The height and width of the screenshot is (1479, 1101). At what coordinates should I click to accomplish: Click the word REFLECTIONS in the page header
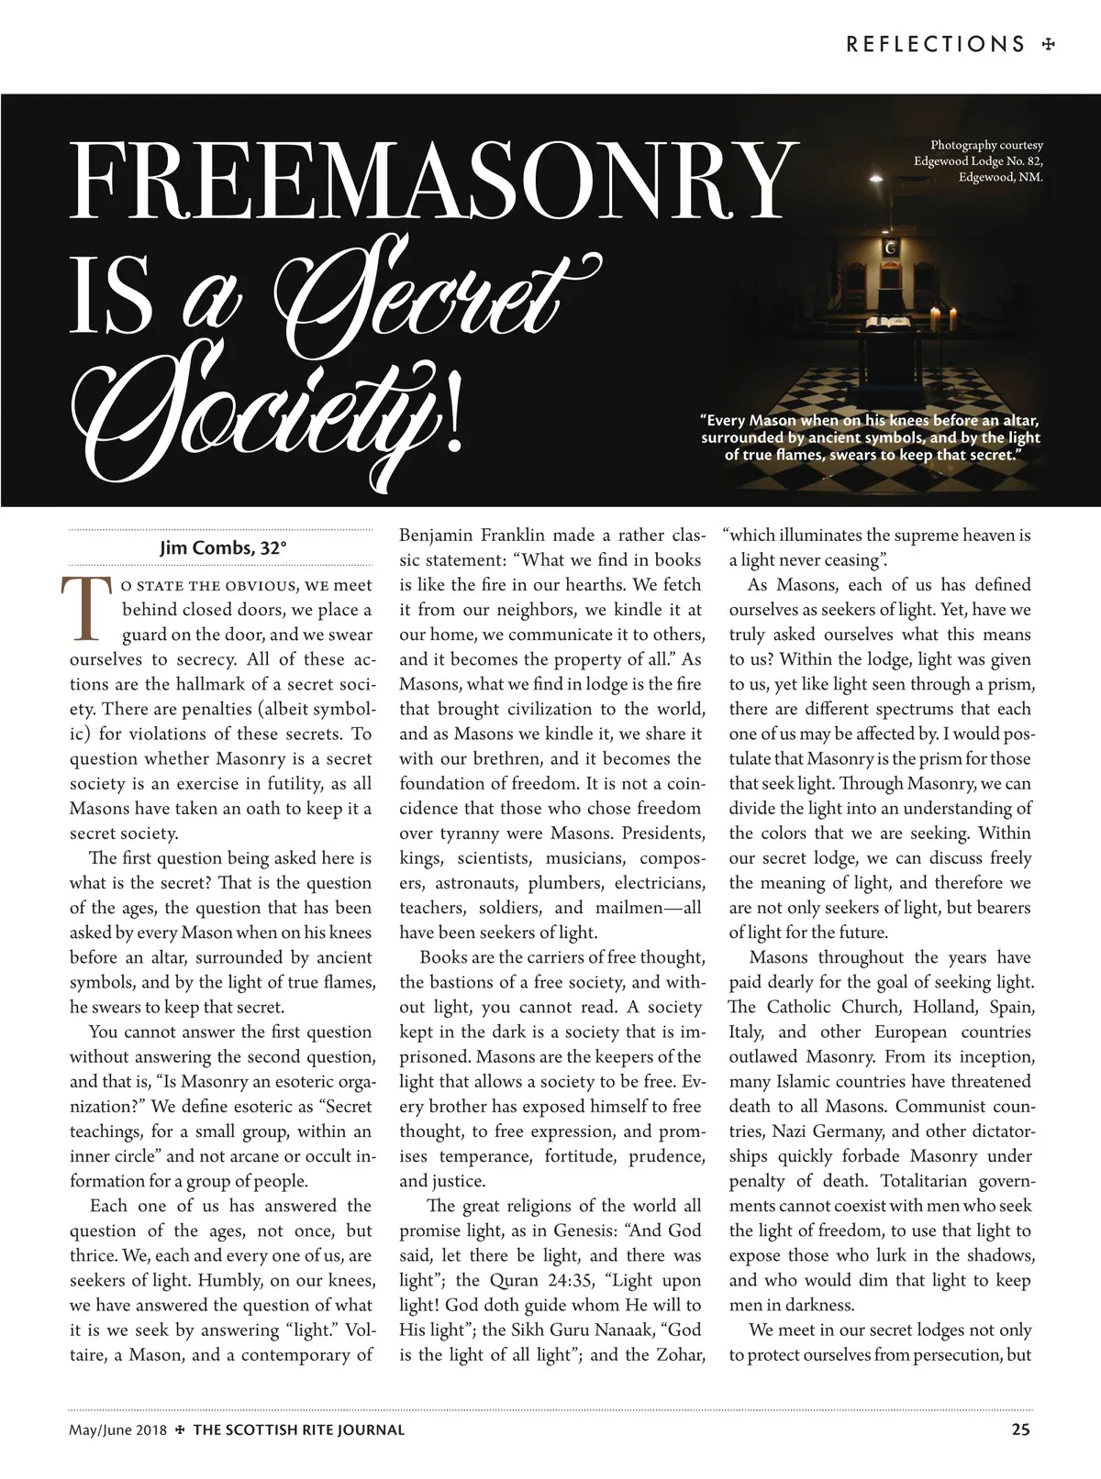pyautogui.click(x=935, y=44)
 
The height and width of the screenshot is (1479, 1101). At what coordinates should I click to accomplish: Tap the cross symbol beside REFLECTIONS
pyautogui.click(x=1048, y=44)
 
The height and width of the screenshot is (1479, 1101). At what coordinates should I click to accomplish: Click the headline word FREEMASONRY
pyautogui.click(x=429, y=181)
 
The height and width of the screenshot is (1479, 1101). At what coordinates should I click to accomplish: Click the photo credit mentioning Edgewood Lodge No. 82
pyautogui.click(x=978, y=161)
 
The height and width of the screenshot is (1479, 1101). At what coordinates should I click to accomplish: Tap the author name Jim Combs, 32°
pyautogui.click(x=223, y=548)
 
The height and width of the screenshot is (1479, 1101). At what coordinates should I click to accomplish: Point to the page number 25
pyautogui.click(x=1020, y=1429)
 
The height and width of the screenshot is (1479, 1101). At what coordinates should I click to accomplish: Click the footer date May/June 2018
pyautogui.click(x=117, y=1429)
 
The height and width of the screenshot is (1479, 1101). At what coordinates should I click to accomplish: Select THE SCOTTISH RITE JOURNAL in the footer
pyautogui.click(x=298, y=1429)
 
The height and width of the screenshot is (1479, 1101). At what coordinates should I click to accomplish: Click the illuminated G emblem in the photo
pyautogui.click(x=889, y=248)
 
